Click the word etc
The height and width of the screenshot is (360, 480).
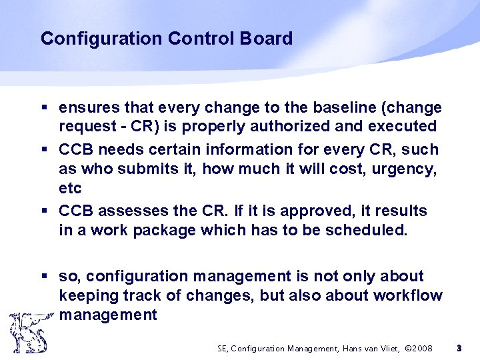point(70,188)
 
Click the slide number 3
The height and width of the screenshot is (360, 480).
point(459,348)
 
